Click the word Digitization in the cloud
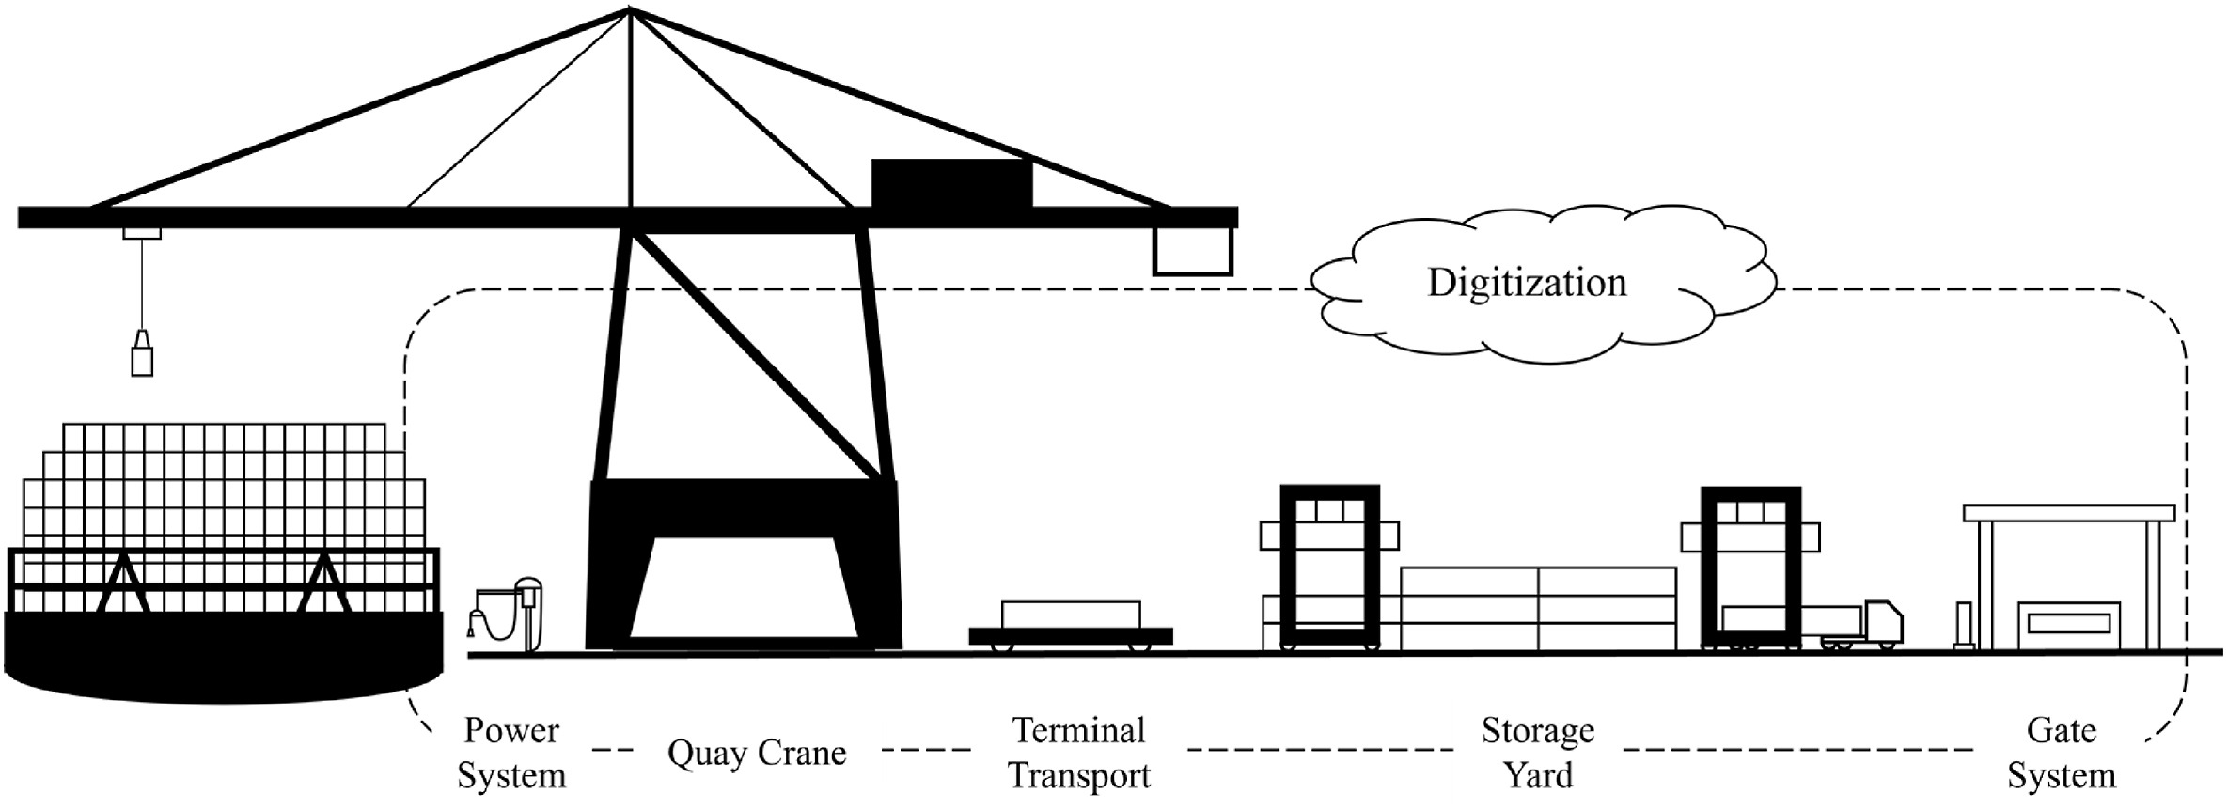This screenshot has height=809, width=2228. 1526,283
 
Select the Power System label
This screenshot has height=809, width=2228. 511,753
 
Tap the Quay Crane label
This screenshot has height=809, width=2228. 757,753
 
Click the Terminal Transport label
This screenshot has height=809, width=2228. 1078,753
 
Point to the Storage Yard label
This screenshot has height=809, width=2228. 1537,753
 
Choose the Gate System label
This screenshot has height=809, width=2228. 2061,753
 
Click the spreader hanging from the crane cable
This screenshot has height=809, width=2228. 142,354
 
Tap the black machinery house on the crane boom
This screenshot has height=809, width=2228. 951,182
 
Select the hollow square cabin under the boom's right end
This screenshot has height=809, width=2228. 1192,251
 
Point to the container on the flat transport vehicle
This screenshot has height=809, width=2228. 1071,615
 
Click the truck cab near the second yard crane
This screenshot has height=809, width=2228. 1882,621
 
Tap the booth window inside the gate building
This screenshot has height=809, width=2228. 2067,623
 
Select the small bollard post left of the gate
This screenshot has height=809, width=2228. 1964,625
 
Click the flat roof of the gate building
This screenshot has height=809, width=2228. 2068,513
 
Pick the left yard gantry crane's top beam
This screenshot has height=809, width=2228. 1329,491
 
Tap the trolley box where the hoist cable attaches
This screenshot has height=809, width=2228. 142,233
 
